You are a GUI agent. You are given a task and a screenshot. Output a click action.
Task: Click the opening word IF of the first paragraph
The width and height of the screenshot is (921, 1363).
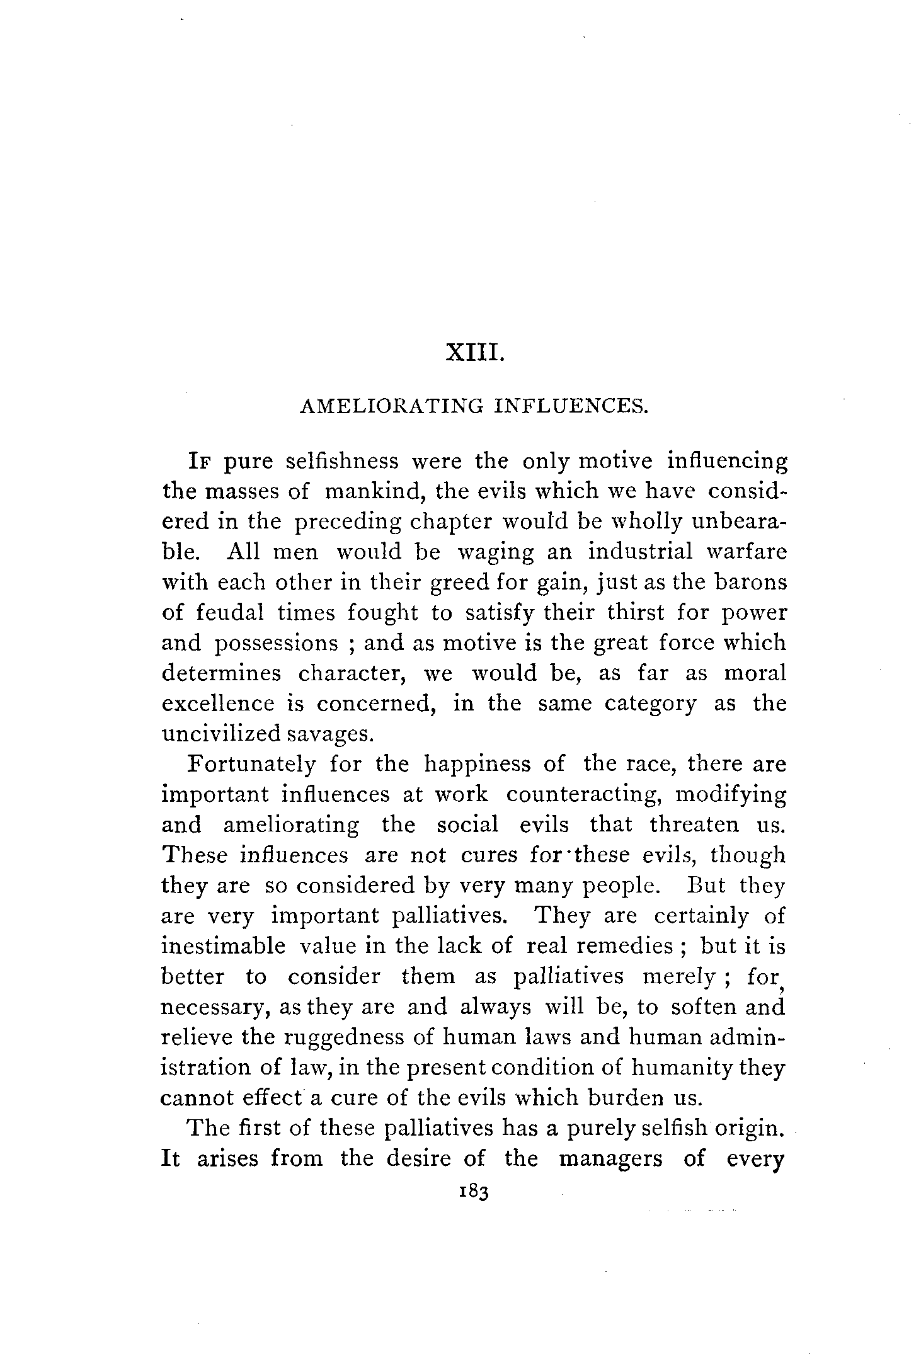click(201, 462)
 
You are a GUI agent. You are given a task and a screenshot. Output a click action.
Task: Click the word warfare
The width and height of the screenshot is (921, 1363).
click(747, 552)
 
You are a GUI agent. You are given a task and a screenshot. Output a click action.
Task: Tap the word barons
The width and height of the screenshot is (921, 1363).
click(751, 582)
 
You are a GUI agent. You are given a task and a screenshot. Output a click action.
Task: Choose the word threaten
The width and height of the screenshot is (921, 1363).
click(689, 825)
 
